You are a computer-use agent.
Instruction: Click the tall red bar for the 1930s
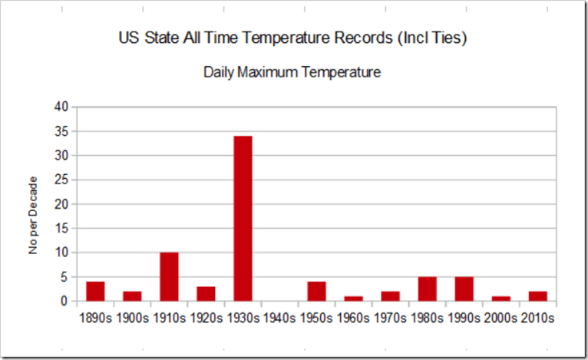tap(243, 219)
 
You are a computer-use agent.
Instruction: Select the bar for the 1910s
tap(169, 276)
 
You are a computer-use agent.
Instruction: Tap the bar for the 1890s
tap(95, 292)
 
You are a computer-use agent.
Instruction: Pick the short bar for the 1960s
tap(353, 299)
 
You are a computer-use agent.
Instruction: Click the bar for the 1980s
tap(427, 289)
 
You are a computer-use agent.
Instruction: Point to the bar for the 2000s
tap(500, 299)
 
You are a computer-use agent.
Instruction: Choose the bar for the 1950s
tap(316, 292)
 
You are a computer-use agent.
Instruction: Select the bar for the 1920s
tap(206, 294)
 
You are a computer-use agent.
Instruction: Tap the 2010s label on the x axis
tap(537, 317)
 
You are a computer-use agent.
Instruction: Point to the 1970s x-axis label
tap(390, 317)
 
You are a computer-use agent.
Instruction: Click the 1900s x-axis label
tap(132, 317)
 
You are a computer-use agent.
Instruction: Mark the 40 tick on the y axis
tap(62, 107)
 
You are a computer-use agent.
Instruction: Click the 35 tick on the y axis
tap(62, 131)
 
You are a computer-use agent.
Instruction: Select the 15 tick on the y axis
tap(62, 229)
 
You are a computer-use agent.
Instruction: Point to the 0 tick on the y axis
tap(65, 302)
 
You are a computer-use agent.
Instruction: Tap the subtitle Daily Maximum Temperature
tap(292, 73)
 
